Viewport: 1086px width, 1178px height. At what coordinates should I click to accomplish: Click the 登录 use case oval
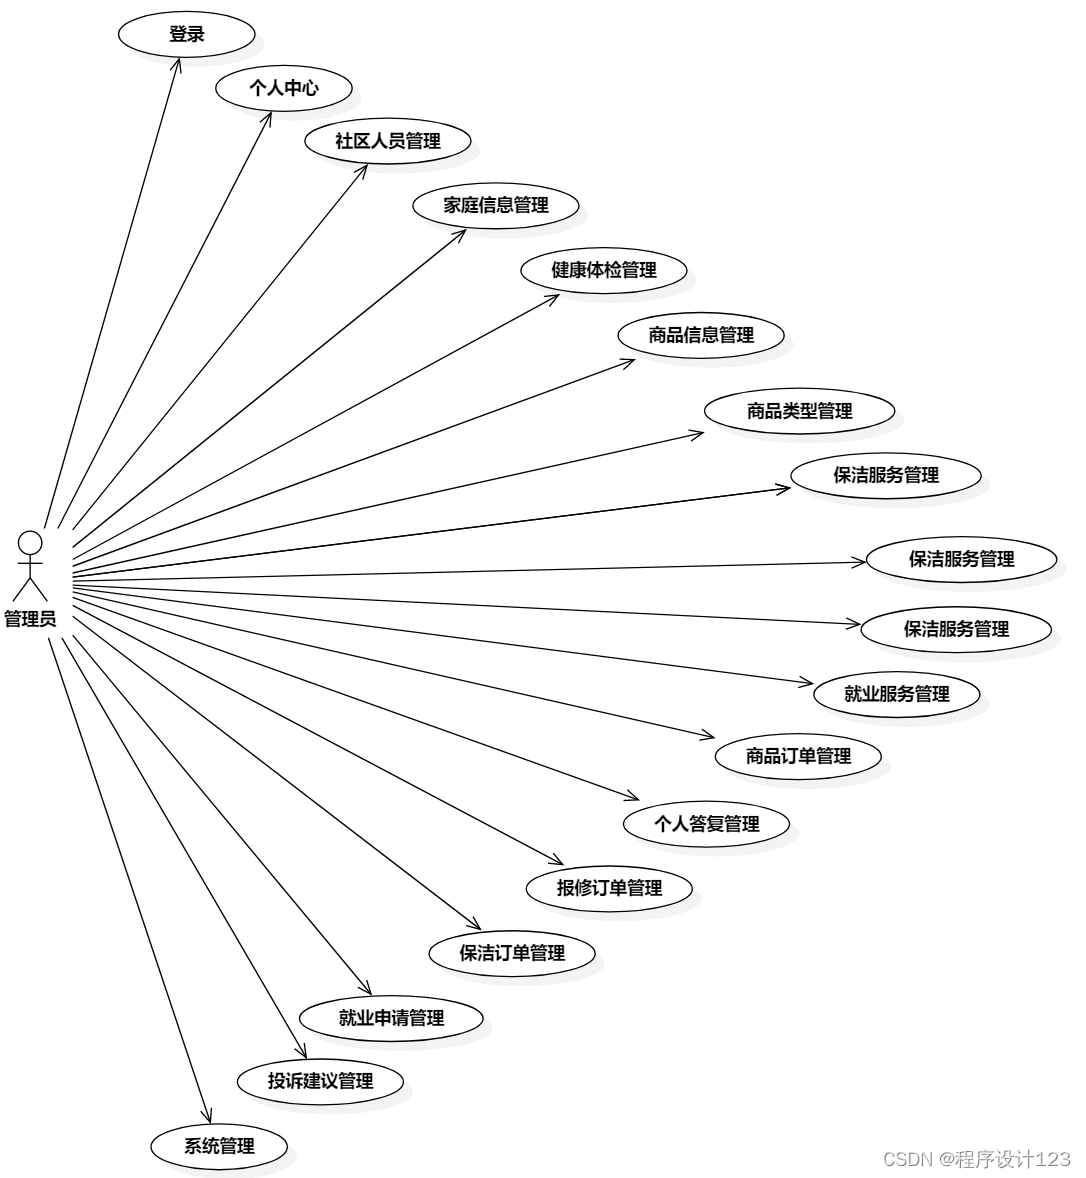pyautogui.click(x=186, y=35)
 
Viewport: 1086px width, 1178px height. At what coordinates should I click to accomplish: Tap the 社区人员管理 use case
pyautogui.click(x=387, y=141)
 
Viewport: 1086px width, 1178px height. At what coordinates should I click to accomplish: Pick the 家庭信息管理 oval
pyautogui.click(x=496, y=205)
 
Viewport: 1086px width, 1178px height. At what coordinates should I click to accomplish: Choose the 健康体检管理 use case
pyautogui.click(x=604, y=270)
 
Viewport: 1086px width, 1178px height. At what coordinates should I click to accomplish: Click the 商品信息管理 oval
pyautogui.click(x=701, y=335)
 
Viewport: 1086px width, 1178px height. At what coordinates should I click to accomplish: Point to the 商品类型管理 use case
pyautogui.click(x=799, y=410)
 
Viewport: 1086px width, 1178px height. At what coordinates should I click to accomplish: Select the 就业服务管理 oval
pyautogui.click(x=896, y=693)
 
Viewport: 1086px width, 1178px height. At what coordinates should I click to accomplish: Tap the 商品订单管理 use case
pyautogui.click(x=798, y=756)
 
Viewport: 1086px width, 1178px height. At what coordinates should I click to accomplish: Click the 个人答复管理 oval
pyautogui.click(x=706, y=823)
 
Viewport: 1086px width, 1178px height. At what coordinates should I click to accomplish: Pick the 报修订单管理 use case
pyautogui.click(x=609, y=887)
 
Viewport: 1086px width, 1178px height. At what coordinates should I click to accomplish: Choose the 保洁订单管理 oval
pyautogui.click(x=512, y=953)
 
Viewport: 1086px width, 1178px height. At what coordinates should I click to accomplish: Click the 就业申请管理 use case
pyautogui.click(x=391, y=1018)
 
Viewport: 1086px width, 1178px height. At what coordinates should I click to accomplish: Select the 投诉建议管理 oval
pyautogui.click(x=320, y=1081)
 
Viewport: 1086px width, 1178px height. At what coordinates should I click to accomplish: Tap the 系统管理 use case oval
pyautogui.click(x=219, y=1146)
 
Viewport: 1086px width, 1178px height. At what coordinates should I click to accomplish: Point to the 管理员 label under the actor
pyautogui.click(x=30, y=619)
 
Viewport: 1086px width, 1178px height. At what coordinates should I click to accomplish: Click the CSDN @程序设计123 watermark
pyautogui.click(x=976, y=1158)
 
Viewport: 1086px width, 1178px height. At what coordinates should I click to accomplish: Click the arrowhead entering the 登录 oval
pyautogui.click(x=179, y=63)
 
